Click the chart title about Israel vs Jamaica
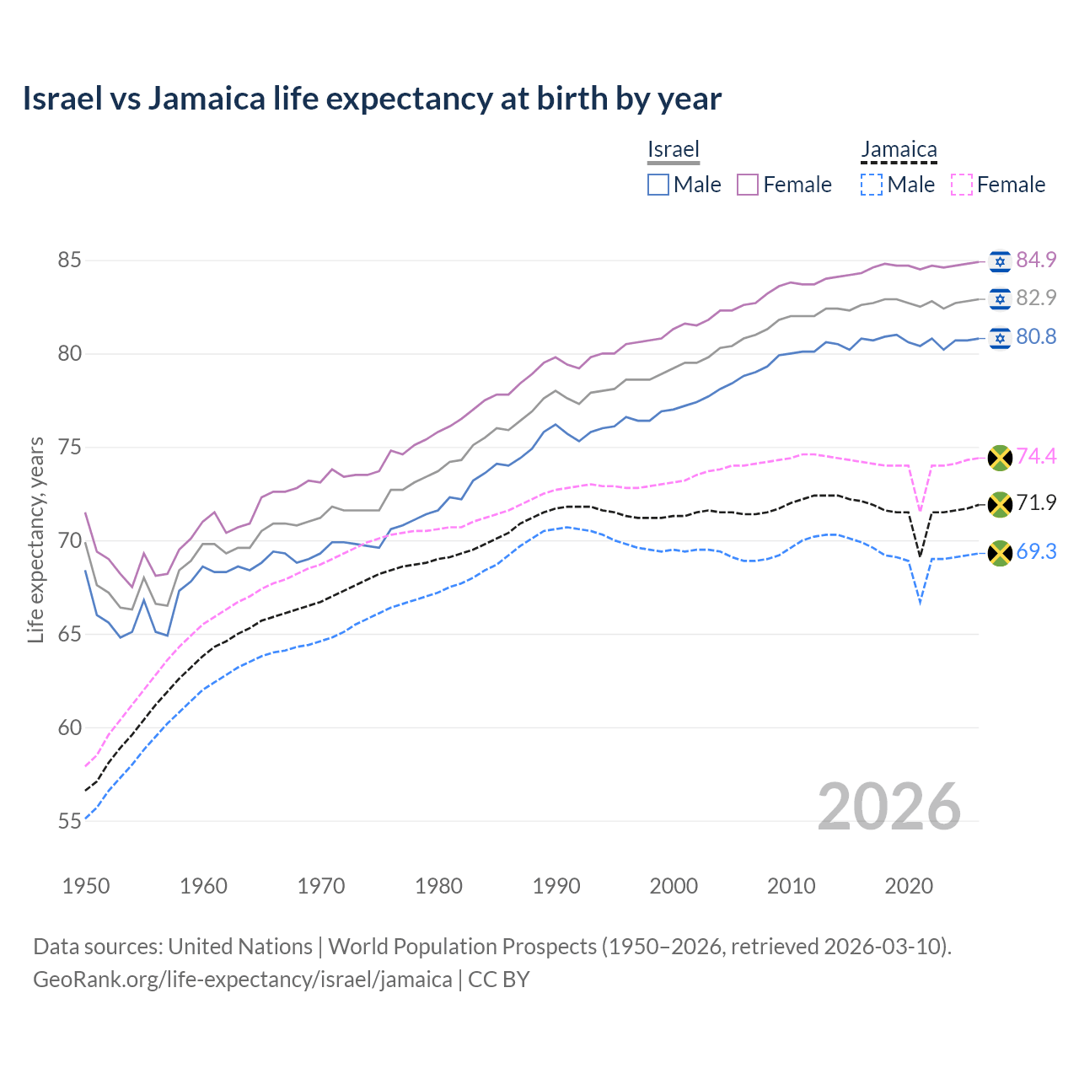(372, 99)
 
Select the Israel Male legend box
(658, 185)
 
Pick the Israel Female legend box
(748, 185)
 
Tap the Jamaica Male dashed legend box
(872, 185)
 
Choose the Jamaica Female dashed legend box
(961, 185)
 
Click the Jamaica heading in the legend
(899, 150)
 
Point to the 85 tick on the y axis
(69, 260)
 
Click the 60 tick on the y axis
(69, 727)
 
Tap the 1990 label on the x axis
(556, 886)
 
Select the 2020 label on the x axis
(909, 886)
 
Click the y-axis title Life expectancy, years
(35, 539)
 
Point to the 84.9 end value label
(1036, 260)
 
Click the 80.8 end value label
(1036, 337)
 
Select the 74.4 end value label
(1036, 457)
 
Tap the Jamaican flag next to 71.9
(1000, 504)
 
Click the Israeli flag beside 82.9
(1000, 298)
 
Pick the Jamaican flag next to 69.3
(1000, 552)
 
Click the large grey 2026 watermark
(889, 807)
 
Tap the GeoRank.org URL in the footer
(243, 980)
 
